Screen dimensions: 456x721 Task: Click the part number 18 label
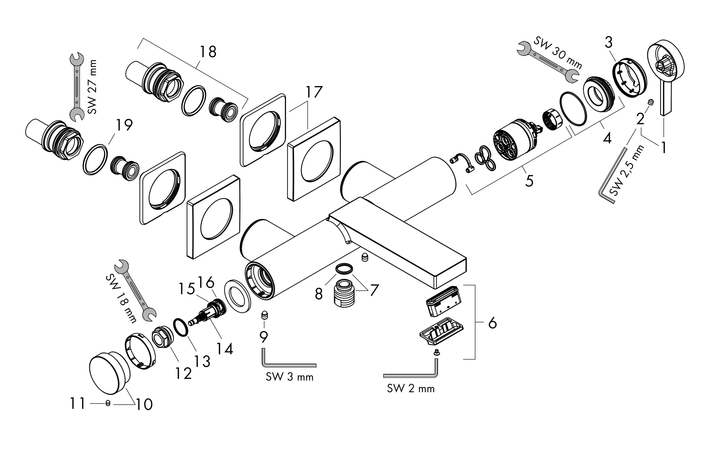pyautogui.click(x=208, y=52)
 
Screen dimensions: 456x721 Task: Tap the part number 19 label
pyautogui.click(x=124, y=125)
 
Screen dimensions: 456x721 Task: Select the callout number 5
pyautogui.click(x=529, y=181)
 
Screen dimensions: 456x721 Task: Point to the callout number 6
pyautogui.click(x=492, y=323)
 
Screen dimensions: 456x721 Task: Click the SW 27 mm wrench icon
pyautogui.click(x=77, y=87)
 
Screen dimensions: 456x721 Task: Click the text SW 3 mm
pyautogui.click(x=290, y=377)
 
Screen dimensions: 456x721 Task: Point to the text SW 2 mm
pyautogui.click(x=410, y=389)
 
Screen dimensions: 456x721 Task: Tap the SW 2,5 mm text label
pyautogui.click(x=627, y=171)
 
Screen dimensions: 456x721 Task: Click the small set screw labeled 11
pyautogui.click(x=108, y=403)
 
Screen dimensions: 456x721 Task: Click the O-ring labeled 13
pyautogui.click(x=181, y=328)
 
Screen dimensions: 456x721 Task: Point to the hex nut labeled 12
pyautogui.click(x=162, y=337)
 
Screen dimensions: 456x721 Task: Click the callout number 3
pyautogui.click(x=608, y=43)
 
